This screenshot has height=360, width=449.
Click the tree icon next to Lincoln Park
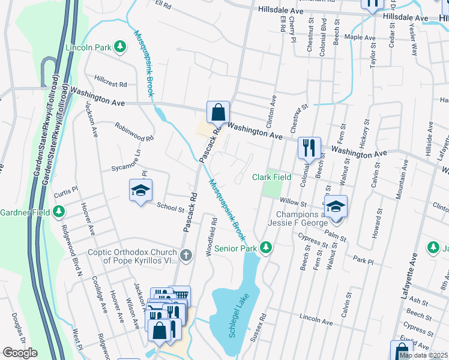coord(120,46)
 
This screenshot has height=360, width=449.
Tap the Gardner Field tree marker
coord(59,211)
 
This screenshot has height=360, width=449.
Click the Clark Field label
coord(271,177)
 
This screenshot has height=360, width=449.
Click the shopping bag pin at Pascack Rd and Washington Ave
coord(218,112)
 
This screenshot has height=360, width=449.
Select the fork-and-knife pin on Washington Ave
coord(309,147)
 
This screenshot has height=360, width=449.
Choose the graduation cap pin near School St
coord(141,191)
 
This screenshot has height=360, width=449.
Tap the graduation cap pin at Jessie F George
coord(336,206)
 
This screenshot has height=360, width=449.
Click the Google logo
coord(20,353)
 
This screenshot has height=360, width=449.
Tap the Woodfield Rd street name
coord(211,237)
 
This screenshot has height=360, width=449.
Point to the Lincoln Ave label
coord(316,322)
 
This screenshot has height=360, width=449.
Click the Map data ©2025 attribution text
coord(423,355)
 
